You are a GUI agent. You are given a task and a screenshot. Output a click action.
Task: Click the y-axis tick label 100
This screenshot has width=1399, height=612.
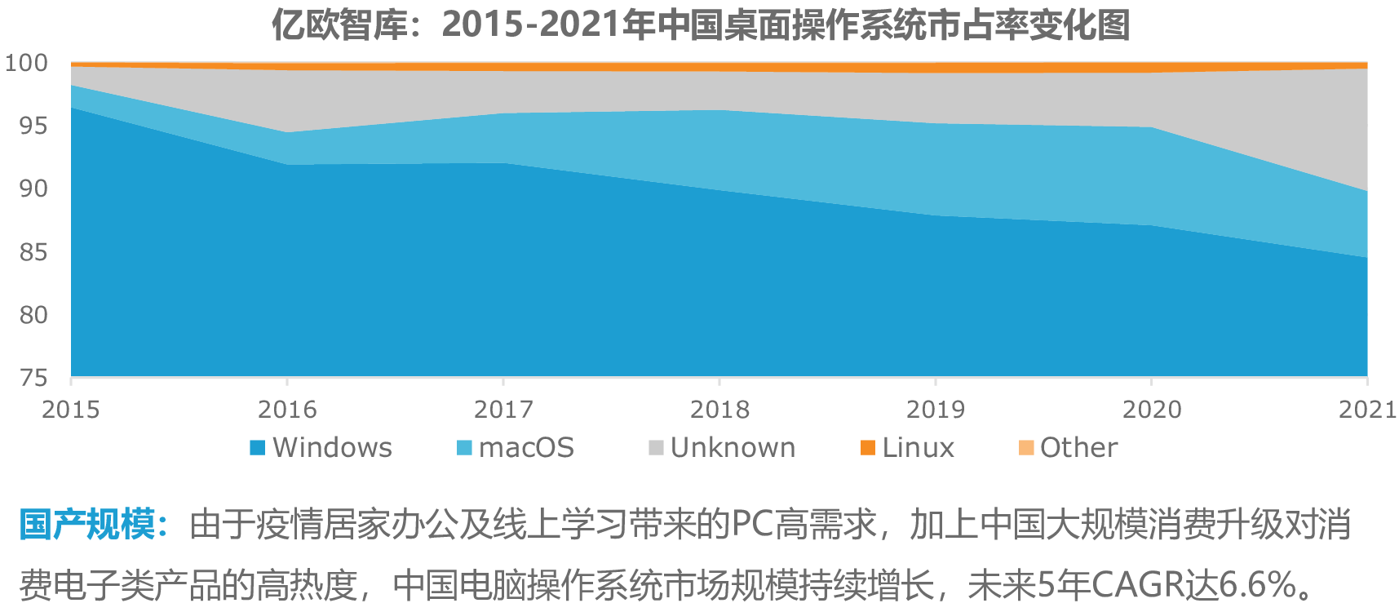click(x=26, y=63)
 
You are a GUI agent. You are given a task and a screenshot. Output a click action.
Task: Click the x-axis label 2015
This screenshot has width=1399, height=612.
click(x=71, y=409)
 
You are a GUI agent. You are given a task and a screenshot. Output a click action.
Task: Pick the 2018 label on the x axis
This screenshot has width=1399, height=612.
click(x=719, y=409)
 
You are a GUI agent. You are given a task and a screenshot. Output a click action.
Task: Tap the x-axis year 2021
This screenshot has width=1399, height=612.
click(x=1367, y=409)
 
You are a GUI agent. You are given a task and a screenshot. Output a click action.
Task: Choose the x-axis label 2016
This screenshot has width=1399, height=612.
click(x=287, y=409)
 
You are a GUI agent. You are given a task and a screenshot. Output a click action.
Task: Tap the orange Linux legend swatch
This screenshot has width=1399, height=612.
click(x=868, y=447)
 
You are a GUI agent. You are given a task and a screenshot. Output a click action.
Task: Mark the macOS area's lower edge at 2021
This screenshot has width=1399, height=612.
click(x=1366, y=258)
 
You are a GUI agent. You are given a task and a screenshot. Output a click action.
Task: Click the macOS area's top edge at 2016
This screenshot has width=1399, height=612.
click(x=287, y=132)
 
